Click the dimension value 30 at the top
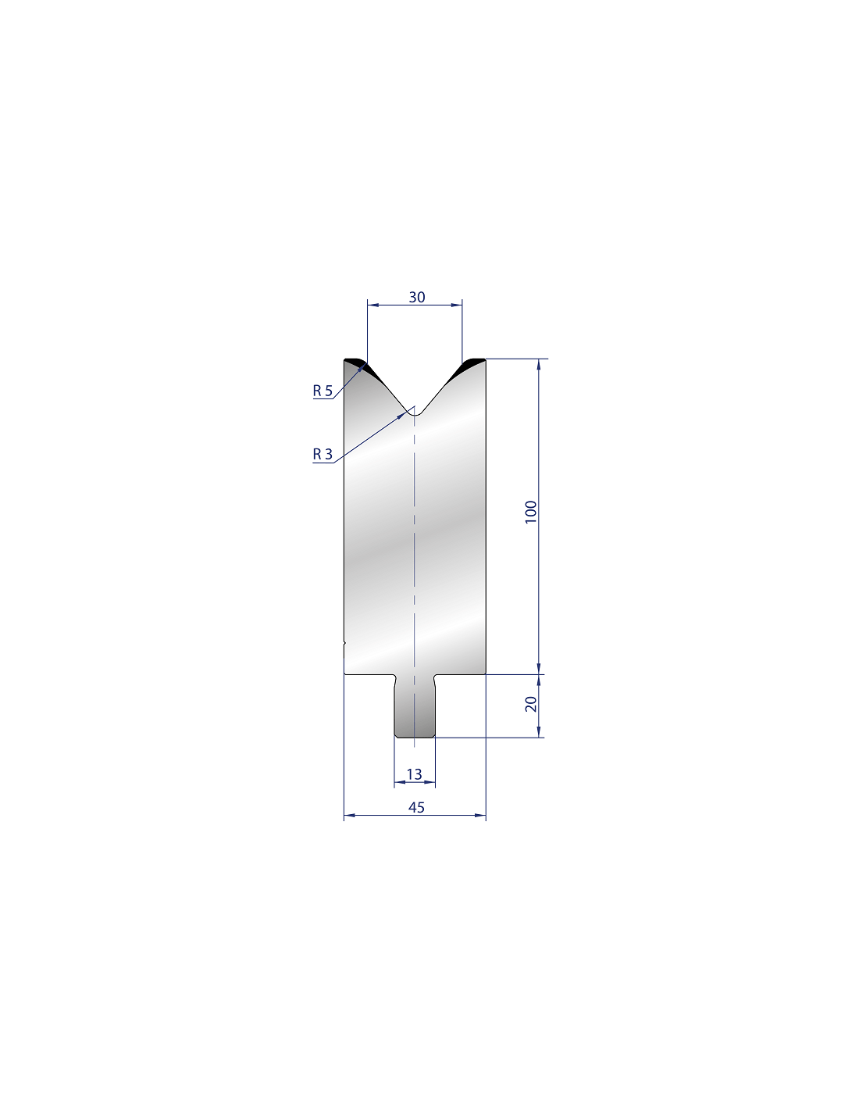pyautogui.click(x=416, y=297)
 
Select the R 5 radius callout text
pyautogui.click(x=323, y=391)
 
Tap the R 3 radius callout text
pyautogui.click(x=323, y=454)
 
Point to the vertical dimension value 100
pyautogui.click(x=531, y=512)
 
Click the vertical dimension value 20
pyautogui.click(x=531, y=704)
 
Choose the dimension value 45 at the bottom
pyautogui.click(x=416, y=807)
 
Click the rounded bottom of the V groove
pyautogui.click(x=415, y=414)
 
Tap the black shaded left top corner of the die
pyautogui.click(x=360, y=366)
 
